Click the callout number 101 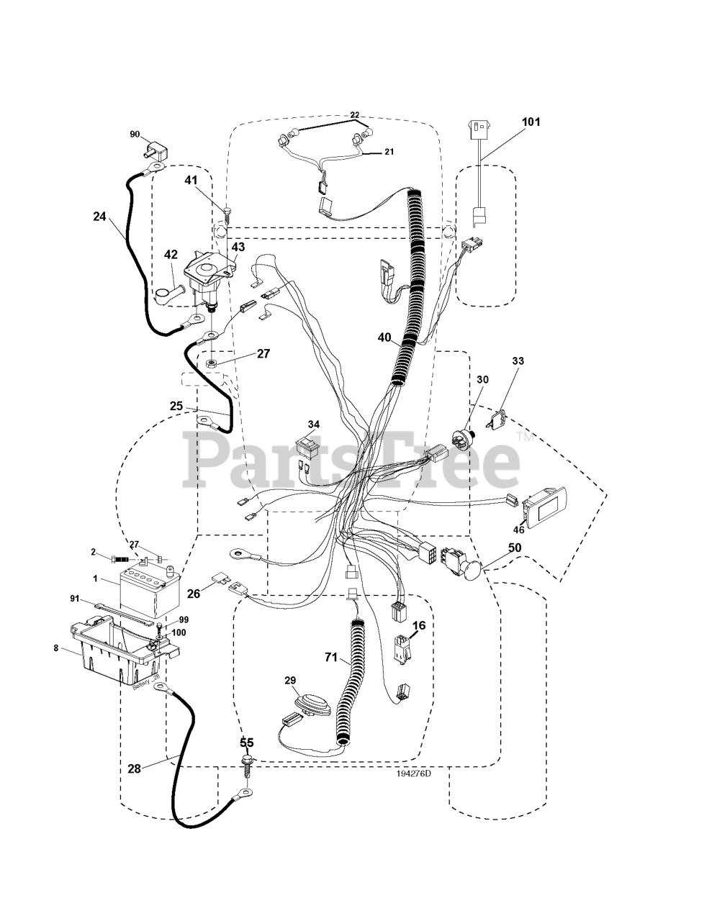(530, 122)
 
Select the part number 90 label (135, 135)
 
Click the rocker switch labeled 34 (310, 448)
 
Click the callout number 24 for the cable (100, 214)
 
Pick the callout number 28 (134, 768)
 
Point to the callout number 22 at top (354, 114)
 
